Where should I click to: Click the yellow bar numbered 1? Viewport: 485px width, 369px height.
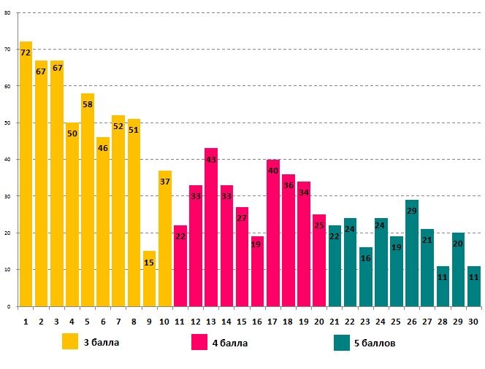click(26, 175)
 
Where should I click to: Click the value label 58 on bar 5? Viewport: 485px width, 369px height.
click(88, 104)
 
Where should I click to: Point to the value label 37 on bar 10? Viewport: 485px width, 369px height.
click(164, 181)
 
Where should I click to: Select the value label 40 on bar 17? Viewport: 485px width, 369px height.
click(273, 170)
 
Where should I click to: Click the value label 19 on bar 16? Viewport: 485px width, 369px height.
click(257, 245)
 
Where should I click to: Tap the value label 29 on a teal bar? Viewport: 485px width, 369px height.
click(412, 210)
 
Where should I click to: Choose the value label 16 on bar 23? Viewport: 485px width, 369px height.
click(365, 258)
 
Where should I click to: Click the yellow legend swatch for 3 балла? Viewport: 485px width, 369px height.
click(70, 342)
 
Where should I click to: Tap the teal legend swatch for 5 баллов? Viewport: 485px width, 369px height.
click(342, 342)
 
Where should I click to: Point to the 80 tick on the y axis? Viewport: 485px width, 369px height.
click(7, 12)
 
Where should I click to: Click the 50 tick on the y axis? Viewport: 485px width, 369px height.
click(7, 123)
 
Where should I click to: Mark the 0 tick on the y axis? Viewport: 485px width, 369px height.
click(8, 306)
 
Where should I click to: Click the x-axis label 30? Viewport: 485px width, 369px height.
click(473, 320)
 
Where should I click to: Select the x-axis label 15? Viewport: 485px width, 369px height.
click(242, 320)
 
